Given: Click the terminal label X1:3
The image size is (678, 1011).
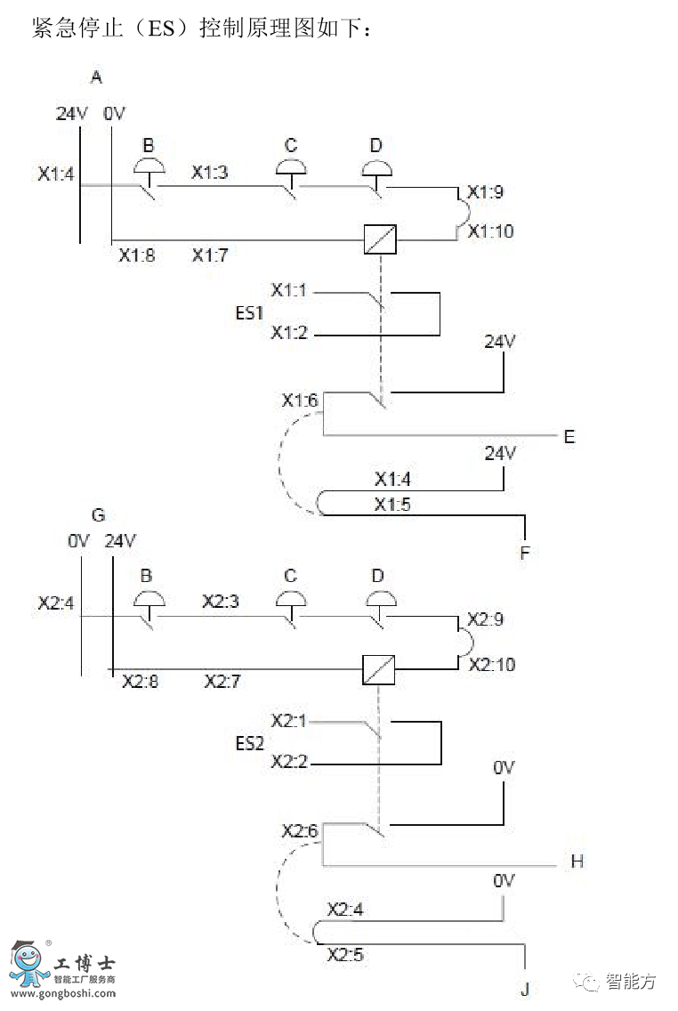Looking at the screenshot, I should [x=210, y=173].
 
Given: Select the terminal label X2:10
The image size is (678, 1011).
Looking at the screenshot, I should [x=492, y=665].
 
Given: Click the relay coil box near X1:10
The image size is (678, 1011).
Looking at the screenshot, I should [x=380, y=239].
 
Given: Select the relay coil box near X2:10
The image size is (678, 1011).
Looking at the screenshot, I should [x=379, y=669].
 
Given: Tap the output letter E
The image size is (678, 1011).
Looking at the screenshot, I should [x=569, y=436].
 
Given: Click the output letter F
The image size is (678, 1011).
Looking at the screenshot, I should [x=525, y=553].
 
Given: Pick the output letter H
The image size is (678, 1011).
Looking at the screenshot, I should [x=577, y=861].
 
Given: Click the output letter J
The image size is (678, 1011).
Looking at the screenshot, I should [x=525, y=990].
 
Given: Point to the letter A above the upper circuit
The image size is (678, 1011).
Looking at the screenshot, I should [x=97, y=78].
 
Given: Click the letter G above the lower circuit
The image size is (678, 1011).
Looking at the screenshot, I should [x=98, y=514].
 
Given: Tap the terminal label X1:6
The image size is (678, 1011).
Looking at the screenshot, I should [x=300, y=400].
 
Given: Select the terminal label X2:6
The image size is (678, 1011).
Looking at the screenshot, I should [x=300, y=831].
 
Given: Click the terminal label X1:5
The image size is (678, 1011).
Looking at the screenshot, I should [x=392, y=505].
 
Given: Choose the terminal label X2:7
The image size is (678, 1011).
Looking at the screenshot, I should [x=222, y=682].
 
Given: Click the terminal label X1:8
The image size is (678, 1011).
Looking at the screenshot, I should [x=137, y=255].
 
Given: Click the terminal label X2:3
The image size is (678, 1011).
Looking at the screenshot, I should [x=221, y=602].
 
